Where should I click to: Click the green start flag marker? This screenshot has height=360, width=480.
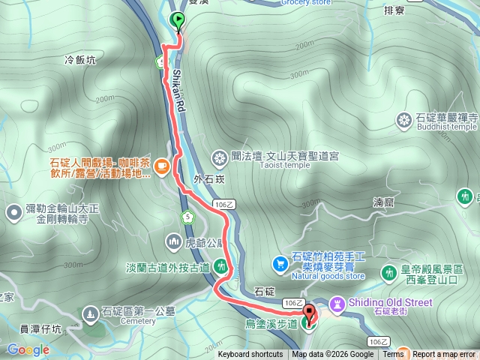click(178, 20)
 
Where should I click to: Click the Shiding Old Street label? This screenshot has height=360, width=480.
click(392, 302)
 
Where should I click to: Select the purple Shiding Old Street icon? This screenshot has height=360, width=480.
click(337, 303)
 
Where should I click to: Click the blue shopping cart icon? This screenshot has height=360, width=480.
click(280, 263)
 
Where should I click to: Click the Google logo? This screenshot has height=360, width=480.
click(28, 349)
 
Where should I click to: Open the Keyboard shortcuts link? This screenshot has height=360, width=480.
click(250, 355)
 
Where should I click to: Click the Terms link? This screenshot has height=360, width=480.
click(393, 355)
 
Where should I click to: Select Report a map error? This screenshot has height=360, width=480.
click(445, 355)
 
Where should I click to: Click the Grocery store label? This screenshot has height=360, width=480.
click(306, 2)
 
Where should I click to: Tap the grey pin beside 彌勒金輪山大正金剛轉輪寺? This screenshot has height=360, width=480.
click(13, 214)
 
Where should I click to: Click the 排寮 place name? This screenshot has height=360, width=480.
click(394, 11)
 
